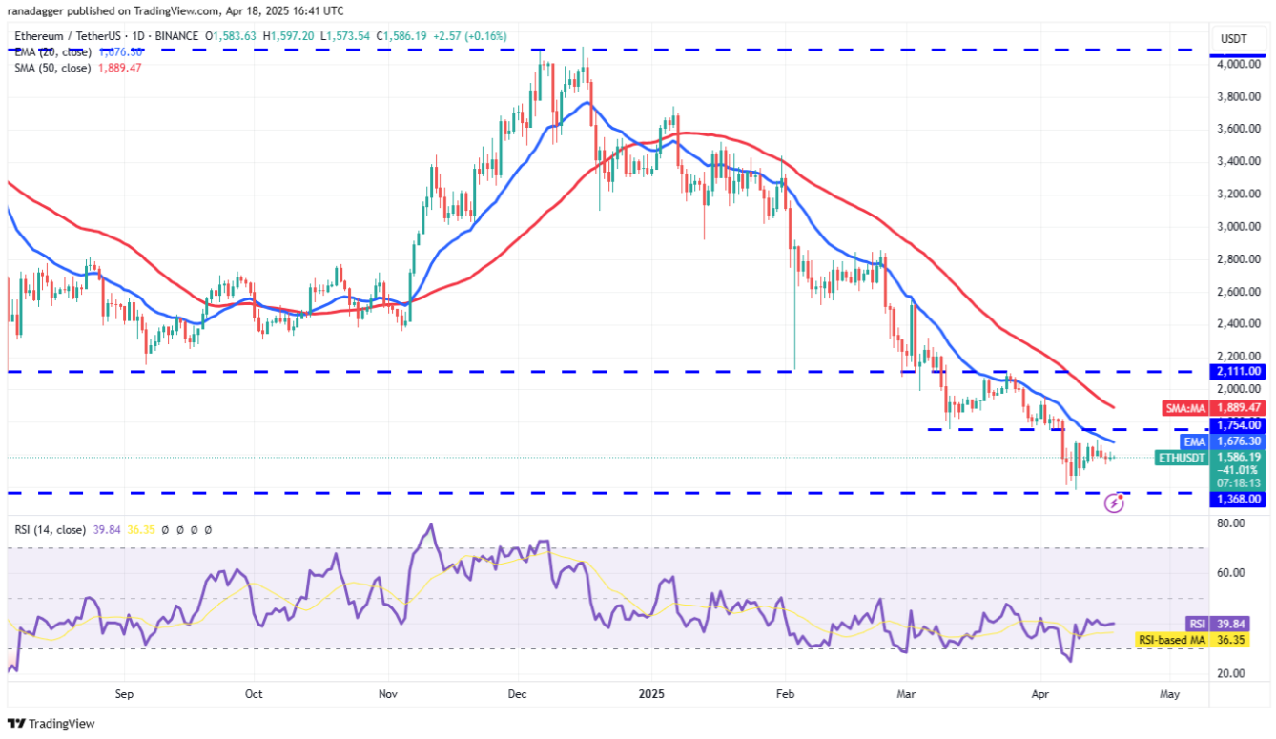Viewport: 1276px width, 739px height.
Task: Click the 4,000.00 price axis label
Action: coord(1240,65)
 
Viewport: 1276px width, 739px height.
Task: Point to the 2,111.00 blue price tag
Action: coord(1240,371)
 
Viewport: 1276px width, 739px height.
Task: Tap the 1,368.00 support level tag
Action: coord(1240,499)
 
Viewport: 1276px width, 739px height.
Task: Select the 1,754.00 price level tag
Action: coord(1240,425)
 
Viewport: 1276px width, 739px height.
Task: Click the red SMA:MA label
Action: coord(1186,408)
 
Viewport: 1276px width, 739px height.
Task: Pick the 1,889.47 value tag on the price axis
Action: coord(1240,407)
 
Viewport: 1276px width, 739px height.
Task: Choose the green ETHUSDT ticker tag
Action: coord(1182,459)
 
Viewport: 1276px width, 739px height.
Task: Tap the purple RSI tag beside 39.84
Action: coord(1197,624)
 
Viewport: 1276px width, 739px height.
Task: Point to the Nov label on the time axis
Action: coord(387,695)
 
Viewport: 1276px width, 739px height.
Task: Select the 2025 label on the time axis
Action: coord(650,695)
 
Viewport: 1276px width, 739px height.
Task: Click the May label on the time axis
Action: coord(1170,695)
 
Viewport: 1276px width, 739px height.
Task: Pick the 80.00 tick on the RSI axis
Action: coord(1231,523)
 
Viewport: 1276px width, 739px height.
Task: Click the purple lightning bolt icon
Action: coord(1114,503)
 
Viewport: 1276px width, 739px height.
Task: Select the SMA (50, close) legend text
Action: coord(52,68)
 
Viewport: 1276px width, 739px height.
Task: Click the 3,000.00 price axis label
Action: coord(1240,227)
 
